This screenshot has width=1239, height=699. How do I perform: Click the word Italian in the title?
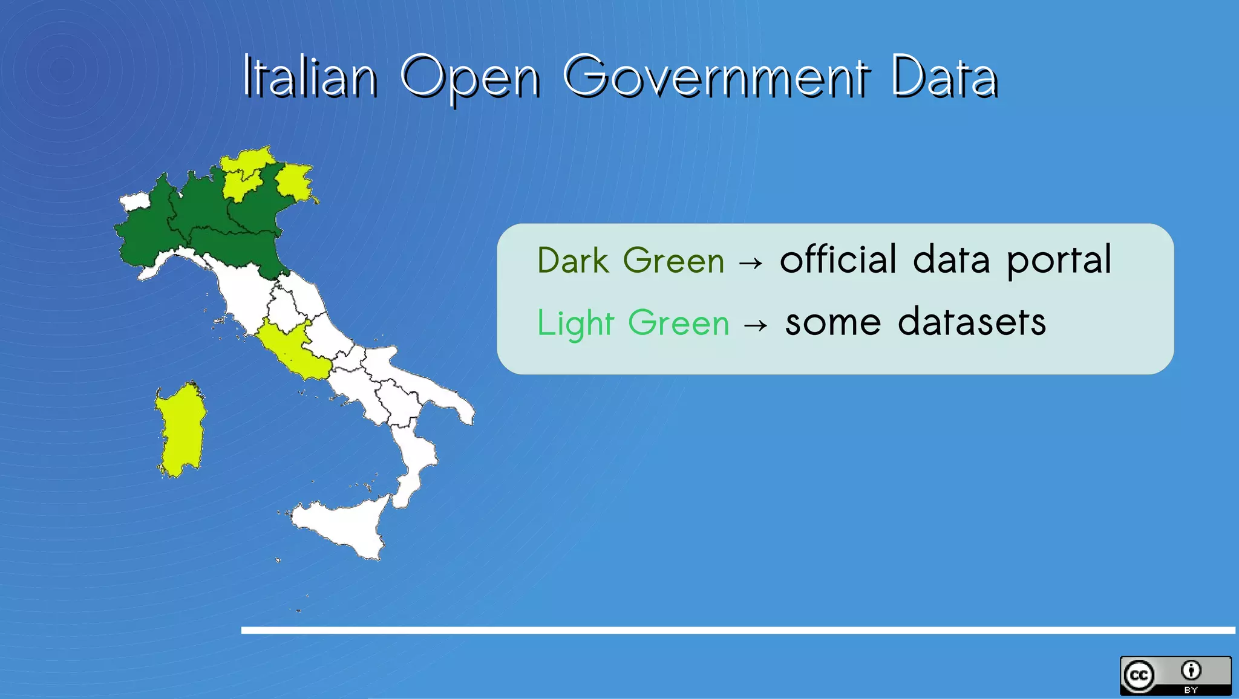[x=310, y=77]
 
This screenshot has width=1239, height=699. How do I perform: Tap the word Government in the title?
[x=716, y=77]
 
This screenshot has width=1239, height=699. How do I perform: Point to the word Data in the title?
[x=944, y=77]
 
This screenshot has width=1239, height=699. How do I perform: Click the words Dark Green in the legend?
[x=630, y=261]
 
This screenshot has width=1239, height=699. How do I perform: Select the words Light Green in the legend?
[x=633, y=323]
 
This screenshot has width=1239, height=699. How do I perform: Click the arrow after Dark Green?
[x=751, y=263]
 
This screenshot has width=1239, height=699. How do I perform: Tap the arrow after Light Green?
[x=756, y=325]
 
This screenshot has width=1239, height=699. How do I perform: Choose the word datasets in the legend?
[x=972, y=322]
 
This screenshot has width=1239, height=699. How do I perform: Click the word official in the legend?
[x=838, y=260]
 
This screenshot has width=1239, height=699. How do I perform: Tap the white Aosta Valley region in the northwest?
[x=134, y=201]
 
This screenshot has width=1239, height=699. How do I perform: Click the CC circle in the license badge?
[x=1139, y=675]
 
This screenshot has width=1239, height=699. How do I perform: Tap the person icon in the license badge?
[x=1191, y=671]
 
